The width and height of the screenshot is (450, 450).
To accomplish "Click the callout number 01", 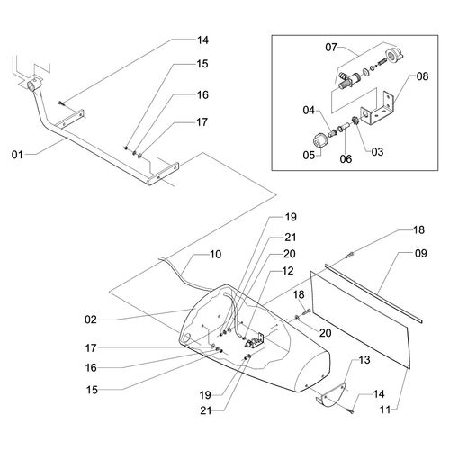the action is point(17,155).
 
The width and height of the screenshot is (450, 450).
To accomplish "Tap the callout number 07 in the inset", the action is point(331,48).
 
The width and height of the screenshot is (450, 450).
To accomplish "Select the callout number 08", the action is point(422,76).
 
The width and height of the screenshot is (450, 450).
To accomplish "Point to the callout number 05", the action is point(309,156).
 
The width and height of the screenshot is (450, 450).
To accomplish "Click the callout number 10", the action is point(215,255).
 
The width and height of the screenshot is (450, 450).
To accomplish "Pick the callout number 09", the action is point(420,254).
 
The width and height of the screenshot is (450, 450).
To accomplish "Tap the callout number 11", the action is point(385,409).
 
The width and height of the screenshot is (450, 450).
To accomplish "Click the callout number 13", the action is point(364,360).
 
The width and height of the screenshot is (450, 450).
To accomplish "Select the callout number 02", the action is point(91,319).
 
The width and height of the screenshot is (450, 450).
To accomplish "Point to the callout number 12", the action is point(288,271).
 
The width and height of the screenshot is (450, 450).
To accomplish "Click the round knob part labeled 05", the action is point(319,141).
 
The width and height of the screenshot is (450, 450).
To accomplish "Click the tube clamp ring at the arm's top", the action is point(34,83).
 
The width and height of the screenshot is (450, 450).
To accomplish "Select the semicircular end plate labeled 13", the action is point(332,394).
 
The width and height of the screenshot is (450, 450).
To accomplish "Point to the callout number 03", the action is point(377,152).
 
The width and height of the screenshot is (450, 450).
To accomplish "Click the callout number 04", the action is point(309,111).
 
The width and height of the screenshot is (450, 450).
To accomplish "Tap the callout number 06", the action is point(346,159).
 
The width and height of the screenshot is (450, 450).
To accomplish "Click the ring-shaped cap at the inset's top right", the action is point(393,56).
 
